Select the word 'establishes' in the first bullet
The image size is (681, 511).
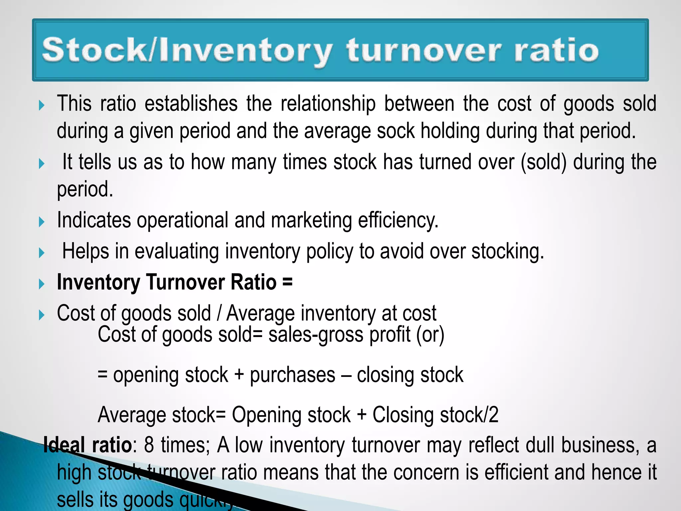[x=191, y=103]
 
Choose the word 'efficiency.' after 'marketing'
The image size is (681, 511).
[x=398, y=221]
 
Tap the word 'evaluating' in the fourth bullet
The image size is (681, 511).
[x=177, y=251]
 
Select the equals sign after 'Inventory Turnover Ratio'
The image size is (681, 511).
[x=287, y=282]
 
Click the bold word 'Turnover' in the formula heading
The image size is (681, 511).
[x=186, y=282]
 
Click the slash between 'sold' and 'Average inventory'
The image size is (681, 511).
[x=219, y=313]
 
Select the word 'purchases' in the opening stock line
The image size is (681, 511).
[x=293, y=375]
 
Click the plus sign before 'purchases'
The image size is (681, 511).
[x=239, y=375]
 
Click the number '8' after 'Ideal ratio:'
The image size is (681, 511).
[x=149, y=445]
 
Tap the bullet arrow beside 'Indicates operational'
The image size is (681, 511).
[x=42, y=222]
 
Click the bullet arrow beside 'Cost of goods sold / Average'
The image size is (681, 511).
[x=42, y=315]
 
